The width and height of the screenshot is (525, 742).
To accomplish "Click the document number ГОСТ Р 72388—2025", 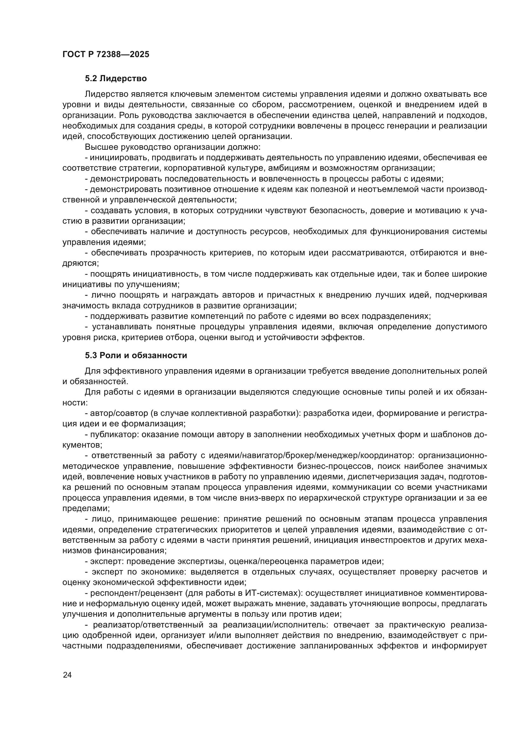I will coord(106,54).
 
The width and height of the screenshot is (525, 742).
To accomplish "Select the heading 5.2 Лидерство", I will coord(116,79).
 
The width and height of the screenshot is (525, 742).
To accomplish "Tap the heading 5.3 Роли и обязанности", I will coord(136,356).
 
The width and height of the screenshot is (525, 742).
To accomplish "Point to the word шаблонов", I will coord(452,434).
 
